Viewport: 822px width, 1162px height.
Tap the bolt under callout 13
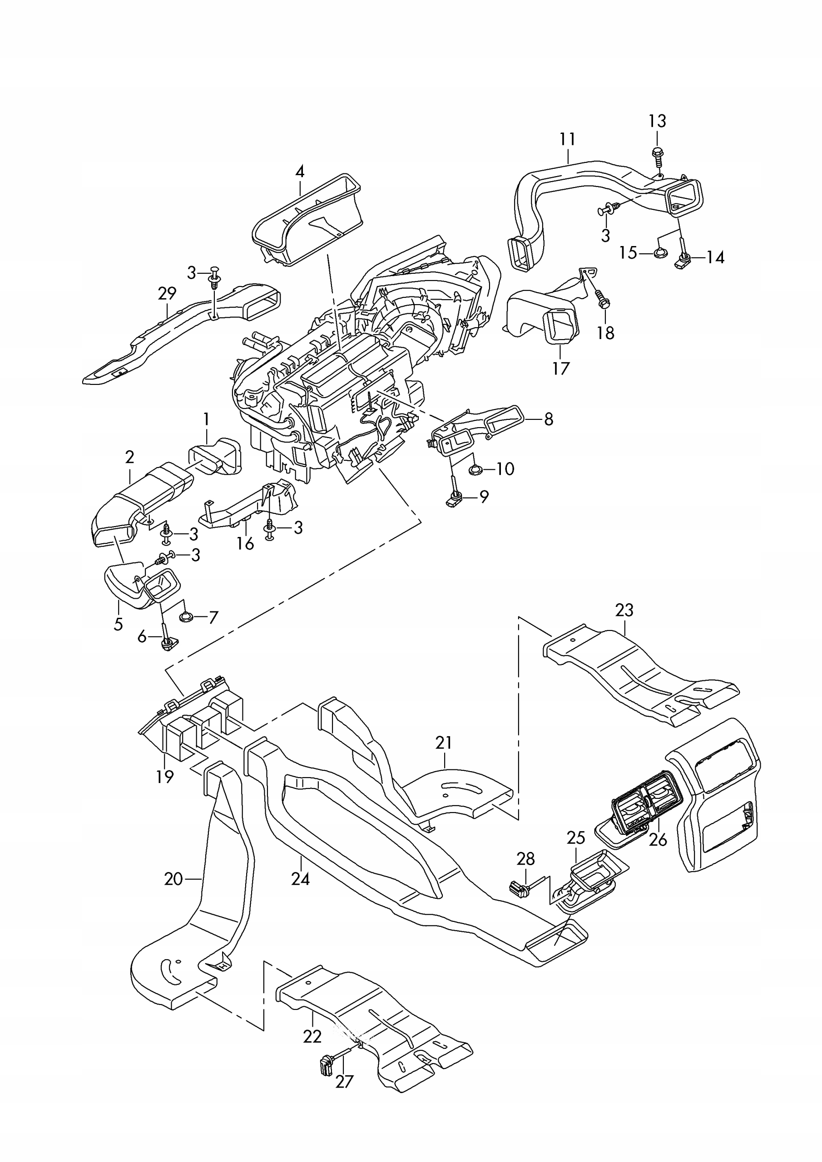(658, 157)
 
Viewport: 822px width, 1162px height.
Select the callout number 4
(300, 172)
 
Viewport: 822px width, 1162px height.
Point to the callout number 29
(167, 293)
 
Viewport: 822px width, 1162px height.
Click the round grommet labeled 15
(659, 253)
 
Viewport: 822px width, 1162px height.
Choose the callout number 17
(561, 369)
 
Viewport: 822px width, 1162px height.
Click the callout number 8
(549, 419)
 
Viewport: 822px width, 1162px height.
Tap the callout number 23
(624, 611)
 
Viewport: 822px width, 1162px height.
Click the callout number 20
(173, 879)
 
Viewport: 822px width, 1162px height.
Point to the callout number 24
(300, 879)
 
